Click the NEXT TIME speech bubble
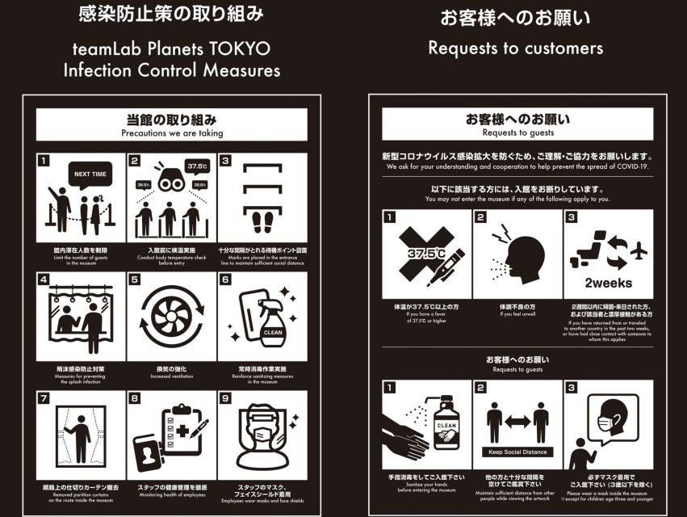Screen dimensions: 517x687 pos(90,174)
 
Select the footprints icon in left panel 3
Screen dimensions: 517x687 pos(262,221)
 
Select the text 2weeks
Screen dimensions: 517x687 pos(609,283)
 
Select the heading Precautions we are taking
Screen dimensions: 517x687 pos(172,133)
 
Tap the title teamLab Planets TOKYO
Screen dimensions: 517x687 pos(172,49)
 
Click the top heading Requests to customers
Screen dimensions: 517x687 pos(515,48)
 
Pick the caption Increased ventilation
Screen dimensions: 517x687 pos(171,375)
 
